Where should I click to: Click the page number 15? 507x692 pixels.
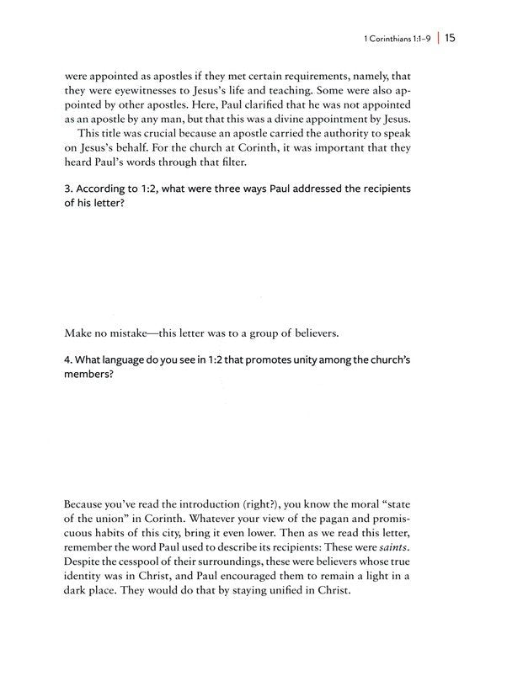(451, 38)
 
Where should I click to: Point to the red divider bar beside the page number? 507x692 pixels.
(437, 38)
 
